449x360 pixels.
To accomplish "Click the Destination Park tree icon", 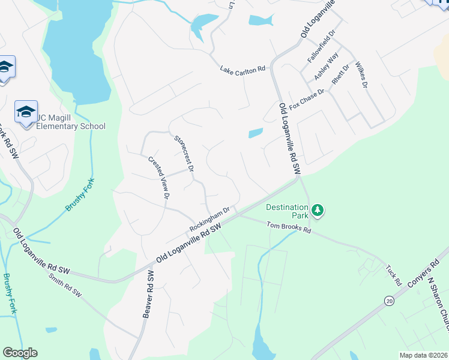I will (318, 211).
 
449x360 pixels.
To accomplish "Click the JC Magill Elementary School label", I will (71, 122).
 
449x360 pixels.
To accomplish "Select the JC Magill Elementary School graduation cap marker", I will (26, 112).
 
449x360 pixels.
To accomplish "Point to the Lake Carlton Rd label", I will (243, 70).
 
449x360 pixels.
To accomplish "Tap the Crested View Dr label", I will (159, 178).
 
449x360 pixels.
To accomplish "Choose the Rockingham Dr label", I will (210, 220).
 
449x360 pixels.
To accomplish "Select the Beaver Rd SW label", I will (149, 293).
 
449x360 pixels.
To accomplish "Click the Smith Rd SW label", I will (65, 286).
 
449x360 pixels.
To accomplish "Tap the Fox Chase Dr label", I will (307, 100).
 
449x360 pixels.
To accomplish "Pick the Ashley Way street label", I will (327, 67).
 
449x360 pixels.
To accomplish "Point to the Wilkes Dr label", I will (361, 74).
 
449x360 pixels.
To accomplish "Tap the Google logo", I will (20, 353).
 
